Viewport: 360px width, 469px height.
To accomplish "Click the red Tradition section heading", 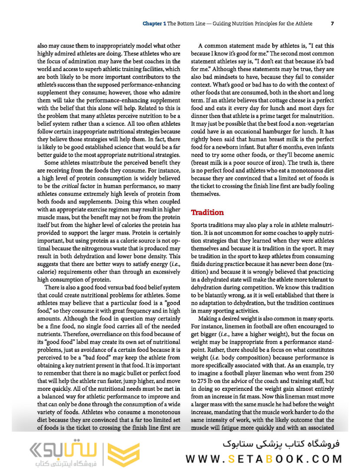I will point(208,213).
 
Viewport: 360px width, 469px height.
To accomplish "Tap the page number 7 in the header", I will point(332,23).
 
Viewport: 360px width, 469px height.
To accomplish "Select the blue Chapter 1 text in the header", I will point(154,23).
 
